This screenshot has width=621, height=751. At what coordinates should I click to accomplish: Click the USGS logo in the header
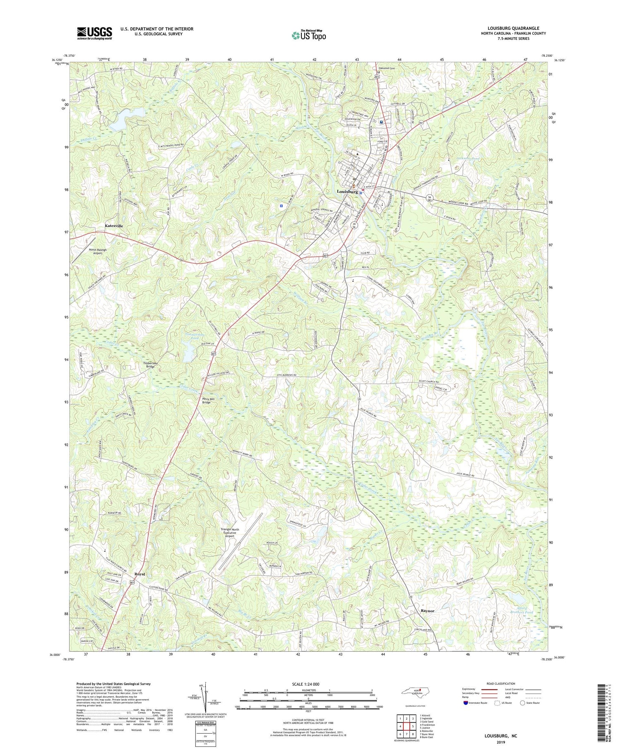pos(94,33)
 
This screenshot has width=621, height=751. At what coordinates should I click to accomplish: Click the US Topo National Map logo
pos(308,36)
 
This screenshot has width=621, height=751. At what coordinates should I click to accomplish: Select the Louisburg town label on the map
pos(347,192)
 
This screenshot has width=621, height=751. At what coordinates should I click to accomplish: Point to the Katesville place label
pos(114,226)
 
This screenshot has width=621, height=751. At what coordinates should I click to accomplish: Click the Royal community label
pos(140,574)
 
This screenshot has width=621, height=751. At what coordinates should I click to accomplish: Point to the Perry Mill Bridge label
pos(206,400)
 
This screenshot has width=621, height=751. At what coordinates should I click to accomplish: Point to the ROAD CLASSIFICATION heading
pos(501,683)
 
